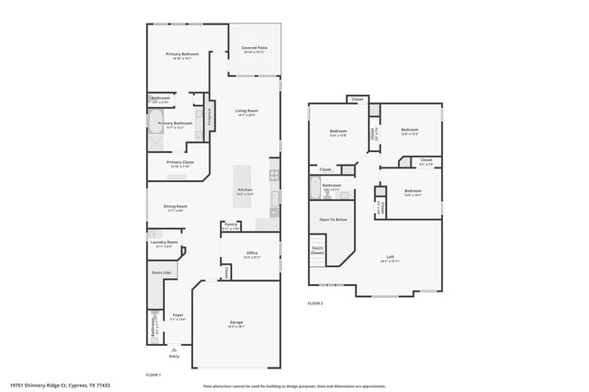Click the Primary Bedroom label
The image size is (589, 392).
pyautogui.click(x=182, y=54)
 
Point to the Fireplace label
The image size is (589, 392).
pyautogui.click(x=209, y=116)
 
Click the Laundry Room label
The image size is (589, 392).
pyautogui.click(x=164, y=242)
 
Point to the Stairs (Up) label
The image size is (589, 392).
pyautogui.click(x=162, y=272)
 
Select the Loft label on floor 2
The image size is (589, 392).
pyautogui.click(x=390, y=256)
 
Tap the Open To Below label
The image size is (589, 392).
pyautogui.click(x=333, y=219)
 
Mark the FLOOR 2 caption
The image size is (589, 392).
pyautogui.click(x=315, y=302)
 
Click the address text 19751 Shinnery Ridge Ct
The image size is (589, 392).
pyautogui.click(x=54, y=385)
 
